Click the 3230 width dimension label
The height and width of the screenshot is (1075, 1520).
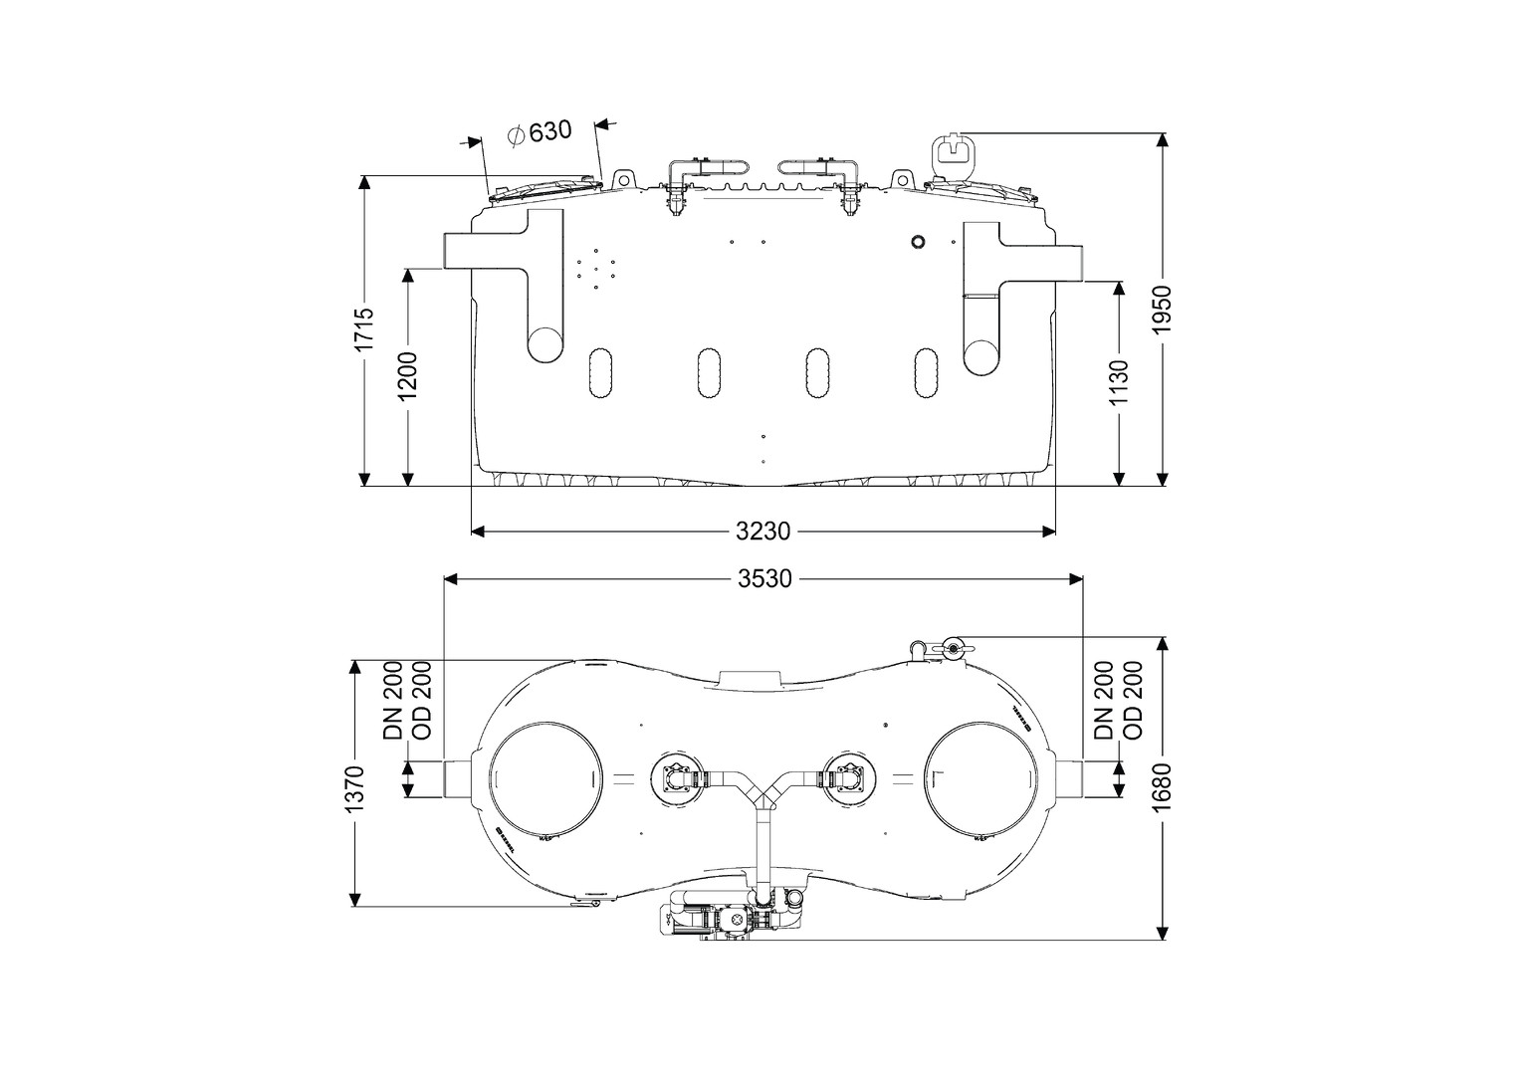763,532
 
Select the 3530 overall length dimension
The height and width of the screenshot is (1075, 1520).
763,578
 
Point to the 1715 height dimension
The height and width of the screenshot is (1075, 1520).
365,327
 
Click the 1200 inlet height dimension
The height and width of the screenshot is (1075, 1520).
408,375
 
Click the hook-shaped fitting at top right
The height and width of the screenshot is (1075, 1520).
954,153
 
